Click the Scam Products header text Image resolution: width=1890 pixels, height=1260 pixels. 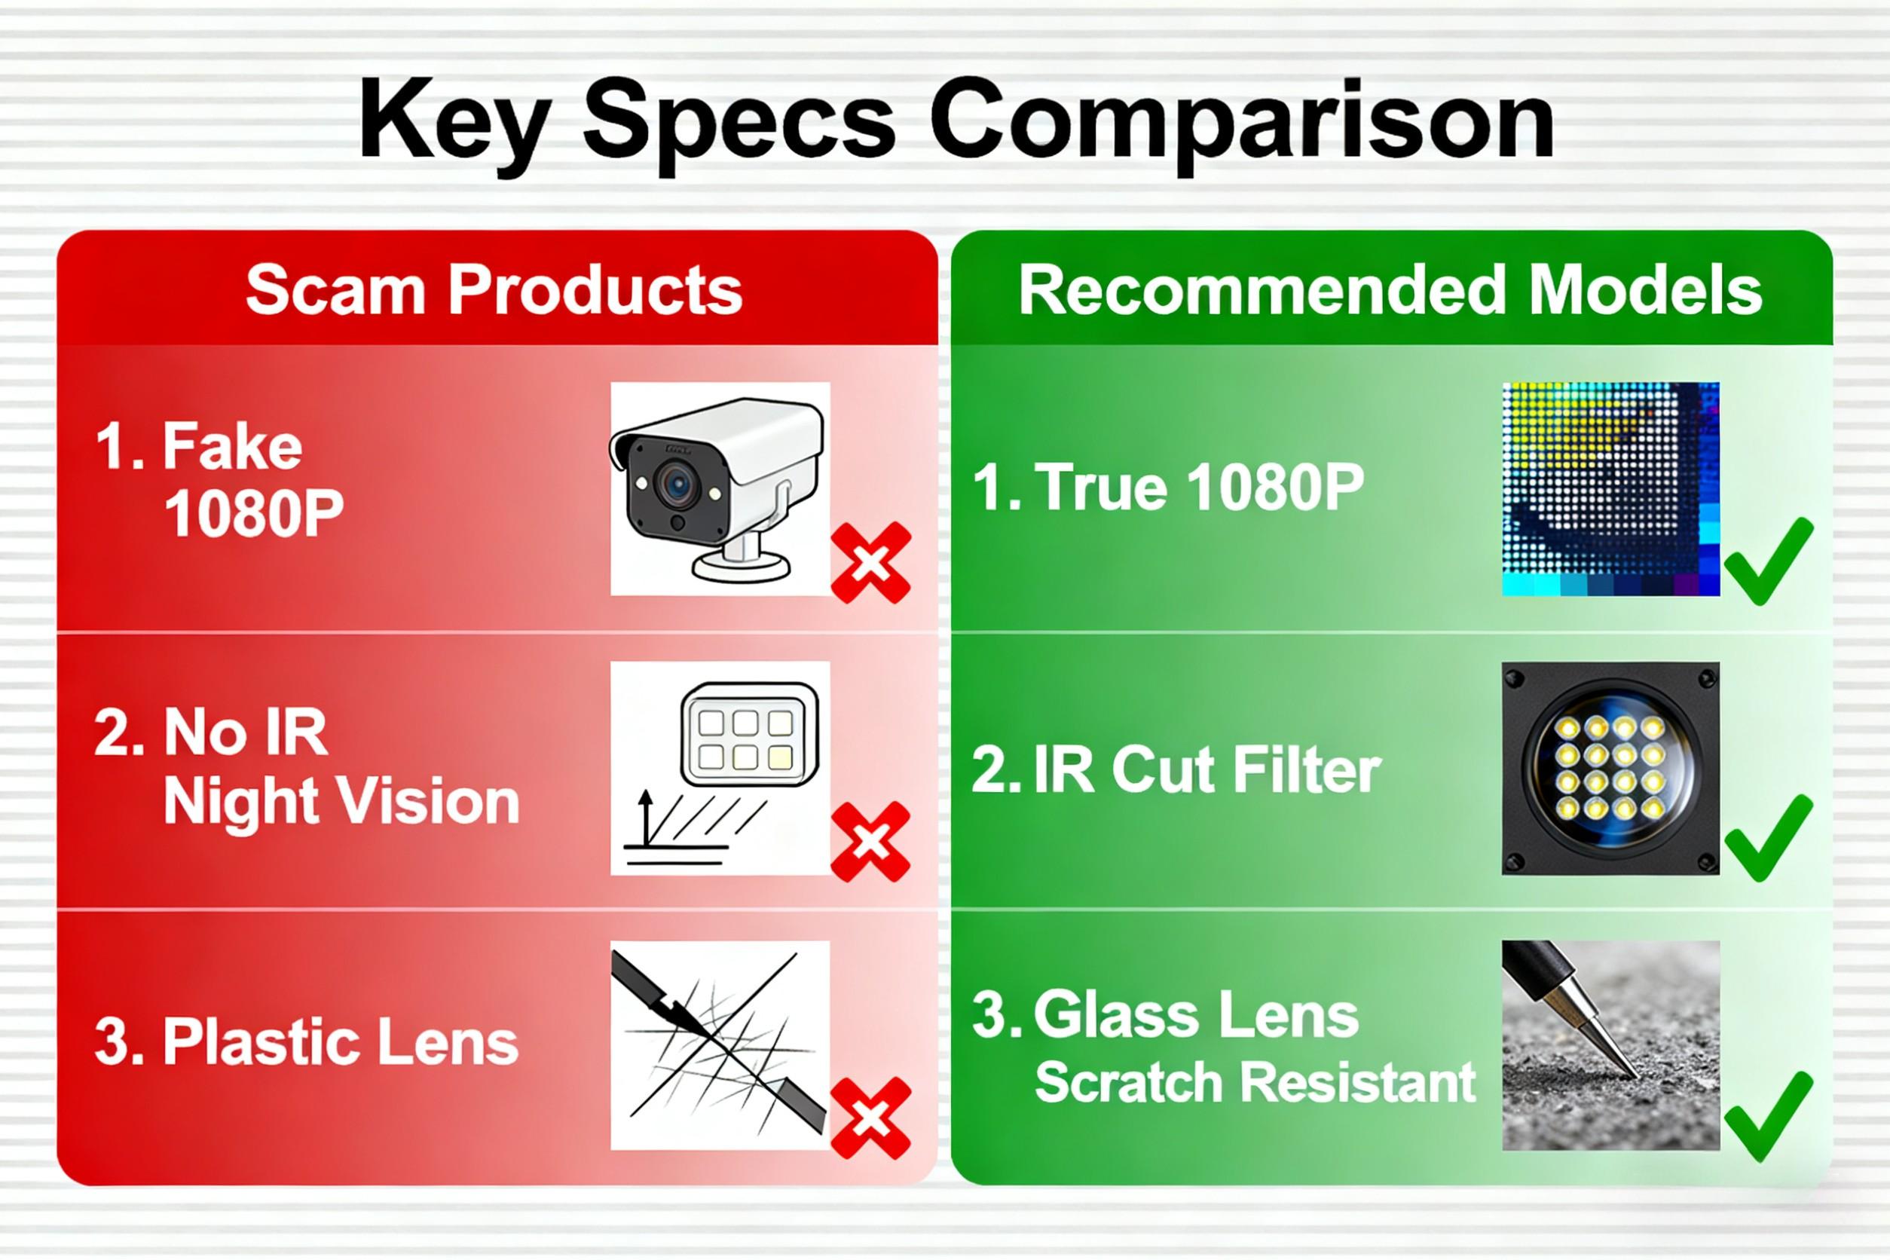click(494, 290)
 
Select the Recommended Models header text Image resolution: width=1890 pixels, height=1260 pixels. click(1390, 290)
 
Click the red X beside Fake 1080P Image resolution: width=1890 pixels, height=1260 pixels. click(870, 562)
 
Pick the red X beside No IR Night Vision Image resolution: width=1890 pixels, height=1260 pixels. click(870, 841)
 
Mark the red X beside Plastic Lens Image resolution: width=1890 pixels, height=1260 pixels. click(870, 1118)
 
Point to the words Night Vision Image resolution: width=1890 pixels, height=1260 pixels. click(341, 802)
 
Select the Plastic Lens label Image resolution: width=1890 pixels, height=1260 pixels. click(305, 1041)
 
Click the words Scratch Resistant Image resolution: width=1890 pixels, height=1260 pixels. click(1255, 1081)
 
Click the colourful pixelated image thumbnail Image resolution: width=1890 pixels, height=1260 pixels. click(1610, 488)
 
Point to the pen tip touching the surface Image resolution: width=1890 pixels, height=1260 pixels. click(1632, 1074)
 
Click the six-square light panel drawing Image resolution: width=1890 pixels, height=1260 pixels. click(749, 735)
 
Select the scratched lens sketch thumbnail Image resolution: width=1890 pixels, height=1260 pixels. click(720, 1044)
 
